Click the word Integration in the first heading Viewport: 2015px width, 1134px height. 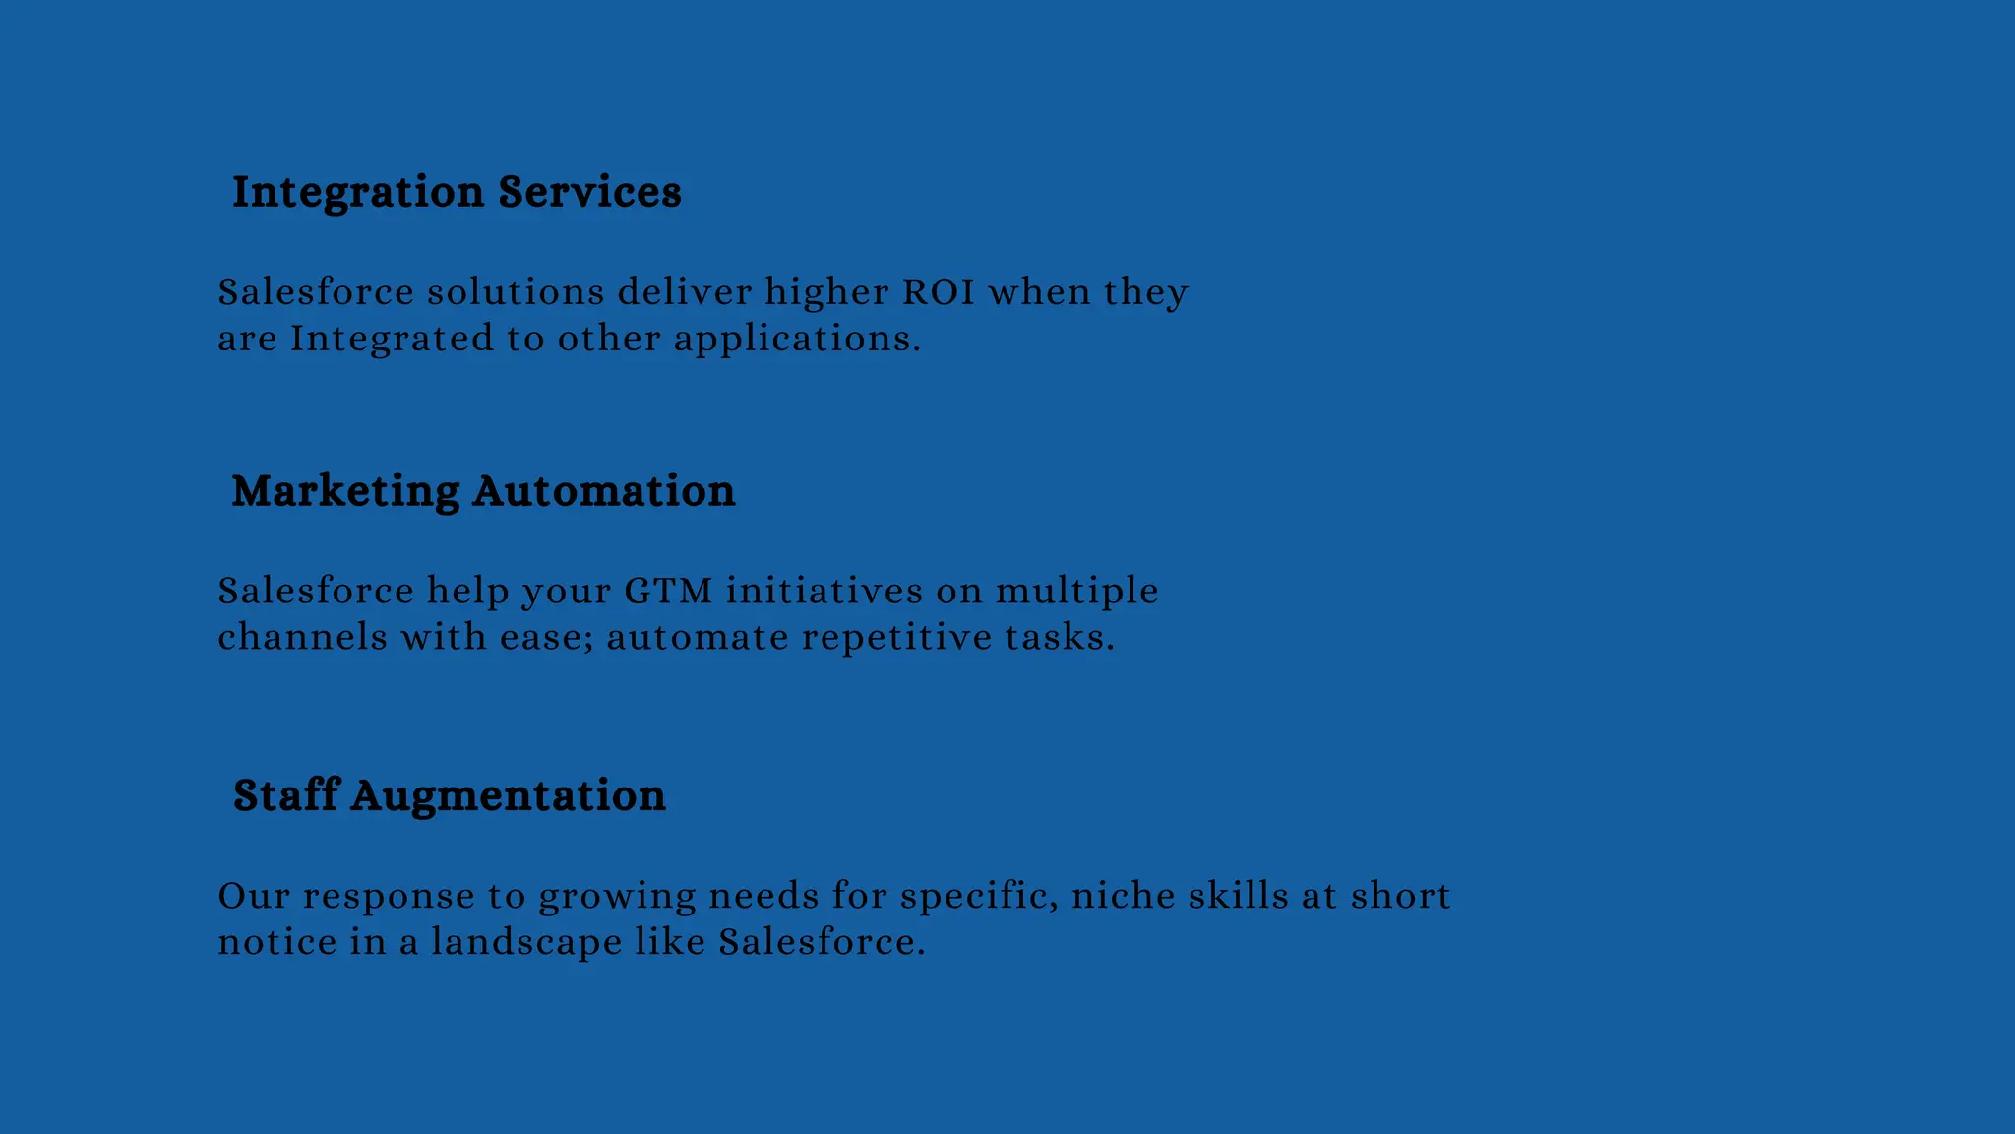pos(358,192)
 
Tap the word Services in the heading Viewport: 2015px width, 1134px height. pos(589,192)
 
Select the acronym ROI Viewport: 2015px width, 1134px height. pos(939,292)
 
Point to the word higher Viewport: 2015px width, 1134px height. pos(826,292)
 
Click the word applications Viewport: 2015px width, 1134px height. pos(796,340)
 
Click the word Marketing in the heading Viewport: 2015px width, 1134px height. pos(345,491)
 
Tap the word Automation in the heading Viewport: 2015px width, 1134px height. pos(603,491)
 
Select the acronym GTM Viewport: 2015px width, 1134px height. pos(668,592)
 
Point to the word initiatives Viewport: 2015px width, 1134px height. pos(824,592)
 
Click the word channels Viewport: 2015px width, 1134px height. pos(303,638)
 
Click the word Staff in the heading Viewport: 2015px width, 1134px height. pos(285,795)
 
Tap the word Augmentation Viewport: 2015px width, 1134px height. pos(508,796)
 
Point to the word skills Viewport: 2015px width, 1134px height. pos(1239,896)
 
